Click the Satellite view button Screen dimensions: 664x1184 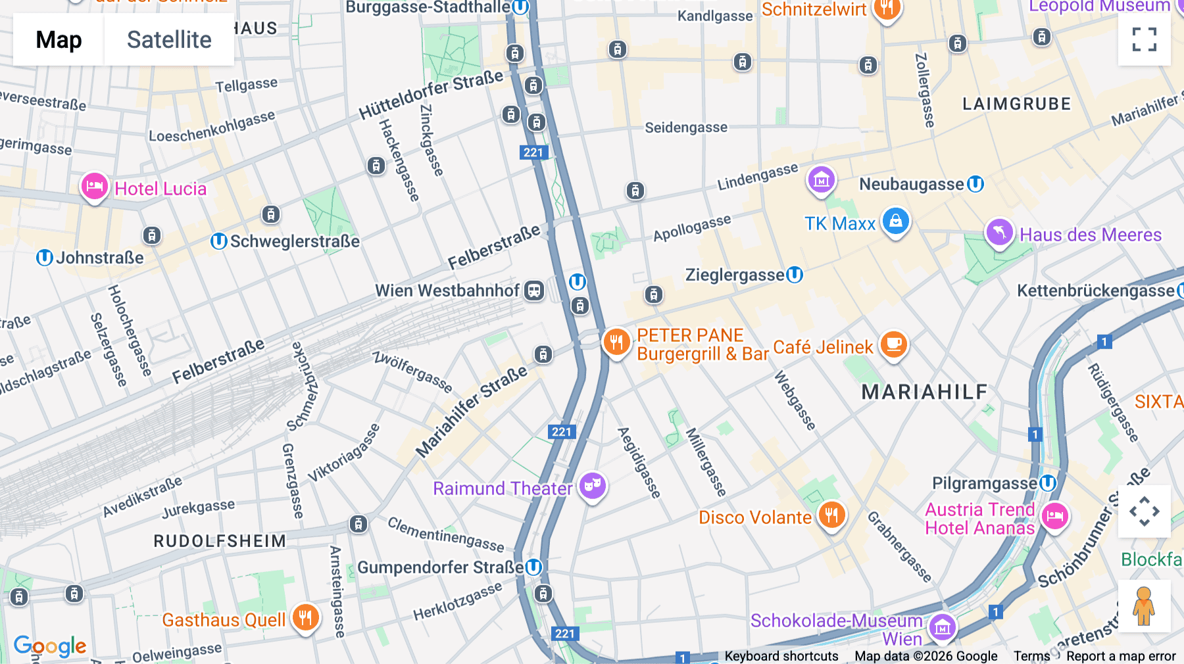[169, 40]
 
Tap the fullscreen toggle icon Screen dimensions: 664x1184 [1144, 39]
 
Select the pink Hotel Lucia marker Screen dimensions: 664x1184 [94, 187]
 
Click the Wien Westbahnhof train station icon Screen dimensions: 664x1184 [534, 291]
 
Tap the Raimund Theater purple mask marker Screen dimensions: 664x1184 [593, 486]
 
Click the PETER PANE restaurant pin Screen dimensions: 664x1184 [616, 342]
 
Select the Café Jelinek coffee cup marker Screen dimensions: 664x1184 [893, 344]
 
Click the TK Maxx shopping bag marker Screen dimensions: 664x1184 [895, 222]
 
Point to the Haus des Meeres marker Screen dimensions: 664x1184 [999, 233]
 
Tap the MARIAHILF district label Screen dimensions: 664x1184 [924, 392]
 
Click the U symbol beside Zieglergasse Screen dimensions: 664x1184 [795, 274]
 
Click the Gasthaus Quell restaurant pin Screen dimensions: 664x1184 [305, 618]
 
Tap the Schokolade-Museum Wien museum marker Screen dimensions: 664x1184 [942, 628]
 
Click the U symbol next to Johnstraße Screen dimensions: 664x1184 [44, 258]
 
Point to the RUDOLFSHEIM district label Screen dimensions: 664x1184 [220, 541]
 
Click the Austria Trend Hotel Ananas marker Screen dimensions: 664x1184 [1054, 516]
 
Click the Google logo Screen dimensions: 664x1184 [50, 646]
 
